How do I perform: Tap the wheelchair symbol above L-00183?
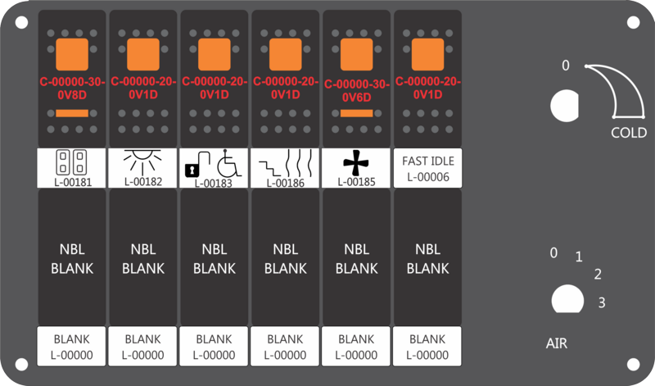pyautogui.click(x=229, y=163)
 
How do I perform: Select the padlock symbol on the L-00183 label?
pyautogui.click(x=192, y=170)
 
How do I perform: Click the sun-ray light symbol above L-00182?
pyautogui.click(x=142, y=161)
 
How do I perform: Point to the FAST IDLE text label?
pyautogui.click(x=428, y=161)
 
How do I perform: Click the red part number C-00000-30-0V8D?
pyautogui.click(x=72, y=89)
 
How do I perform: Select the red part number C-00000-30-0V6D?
pyautogui.click(x=357, y=90)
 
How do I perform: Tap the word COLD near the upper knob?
pyautogui.click(x=628, y=133)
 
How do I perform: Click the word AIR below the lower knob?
pyautogui.click(x=557, y=343)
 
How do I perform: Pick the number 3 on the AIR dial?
pyautogui.click(x=602, y=302)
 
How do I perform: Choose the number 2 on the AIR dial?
pyautogui.click(x=598, y=274)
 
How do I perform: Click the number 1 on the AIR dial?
pyautogui.click(x=579, y=257)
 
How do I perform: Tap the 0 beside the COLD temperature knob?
pyautogui.click(x=565, y=66)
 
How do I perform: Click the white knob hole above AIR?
pyautogui.click(x=567, y=298)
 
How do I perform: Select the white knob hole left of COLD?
pyautogui.click(x=564, y=106)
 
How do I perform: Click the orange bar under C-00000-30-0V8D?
pyautogui.click(x=72, y=113)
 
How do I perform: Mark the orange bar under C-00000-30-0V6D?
pyautogui.click(x=357, y=113)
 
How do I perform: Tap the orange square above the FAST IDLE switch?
pyautogui.click(x=427, y=54)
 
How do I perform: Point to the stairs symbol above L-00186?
pyautogui.click(x=269, y=167)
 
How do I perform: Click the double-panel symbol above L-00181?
pyautogui.click(x=71, y=161)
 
